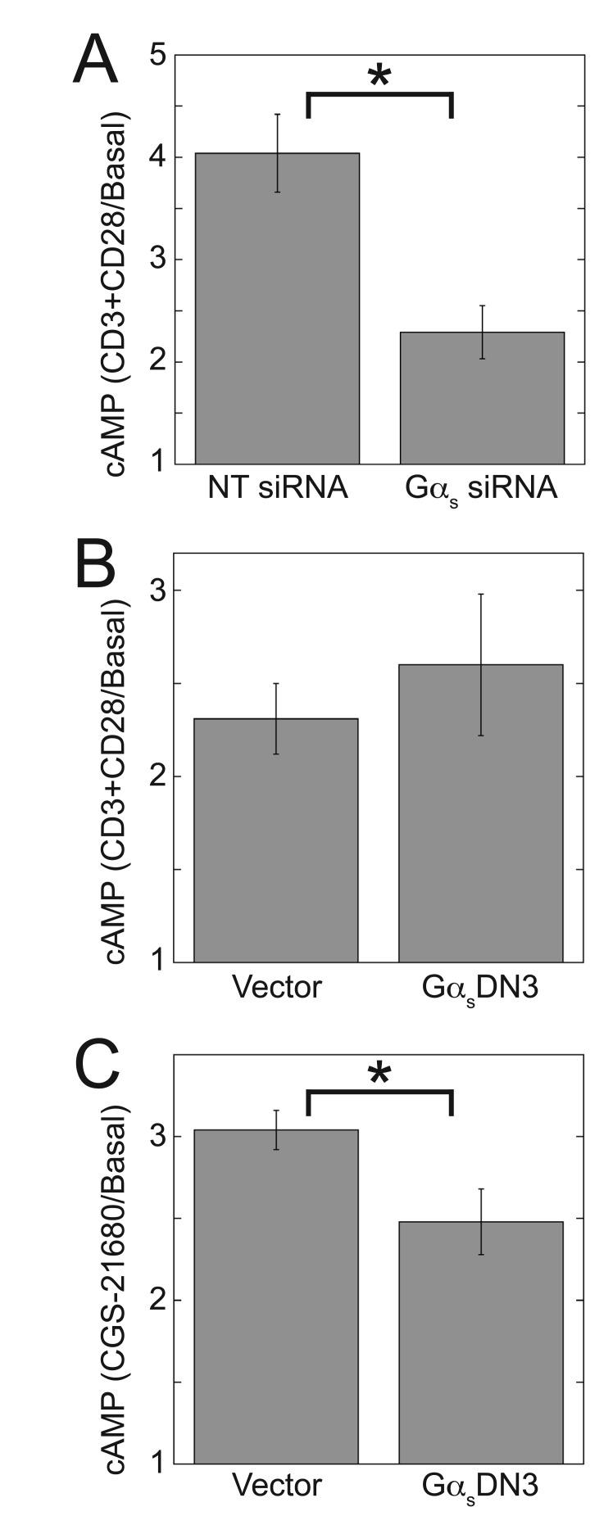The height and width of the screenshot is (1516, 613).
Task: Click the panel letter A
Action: tap(95, 61)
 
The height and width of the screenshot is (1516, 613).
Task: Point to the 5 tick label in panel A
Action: tap(159, 56)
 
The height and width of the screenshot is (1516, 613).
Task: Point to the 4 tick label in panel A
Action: tap(159, 157)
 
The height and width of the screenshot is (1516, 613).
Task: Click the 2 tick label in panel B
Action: tap(159, 776)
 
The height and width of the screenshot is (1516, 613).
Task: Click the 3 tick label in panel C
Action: tap(159, 1136)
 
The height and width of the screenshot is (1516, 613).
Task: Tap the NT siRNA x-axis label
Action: tap(278, 489)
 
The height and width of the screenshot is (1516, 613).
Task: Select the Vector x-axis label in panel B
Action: tap(276, 988)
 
